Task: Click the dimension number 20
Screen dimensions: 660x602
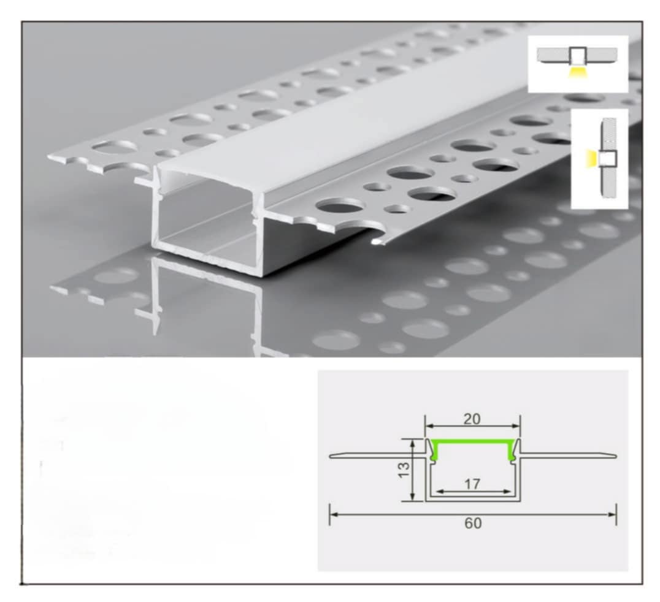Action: pos(472,419)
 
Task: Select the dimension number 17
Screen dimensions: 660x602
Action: pos(472,484)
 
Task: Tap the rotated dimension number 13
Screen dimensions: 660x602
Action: pos(403,470)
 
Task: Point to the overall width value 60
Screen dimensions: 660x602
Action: pos(473,523)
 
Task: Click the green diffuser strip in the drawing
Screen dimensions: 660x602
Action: pos(472,442)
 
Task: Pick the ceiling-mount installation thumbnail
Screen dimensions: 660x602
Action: pos(578,64)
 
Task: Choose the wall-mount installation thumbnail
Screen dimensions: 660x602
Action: pos(599,159)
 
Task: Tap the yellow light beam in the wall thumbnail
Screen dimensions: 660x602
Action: pos(591,159)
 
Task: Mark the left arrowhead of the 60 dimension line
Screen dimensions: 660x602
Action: pos(332,514)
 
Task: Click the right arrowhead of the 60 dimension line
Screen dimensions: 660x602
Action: pos(613,514)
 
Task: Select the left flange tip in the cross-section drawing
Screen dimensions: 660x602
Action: pos(331,455)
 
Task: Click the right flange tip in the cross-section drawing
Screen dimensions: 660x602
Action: pos(615,455)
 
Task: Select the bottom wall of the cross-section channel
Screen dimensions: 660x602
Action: pos(473,499)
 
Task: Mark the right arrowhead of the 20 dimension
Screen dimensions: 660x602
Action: pos(517,426)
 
